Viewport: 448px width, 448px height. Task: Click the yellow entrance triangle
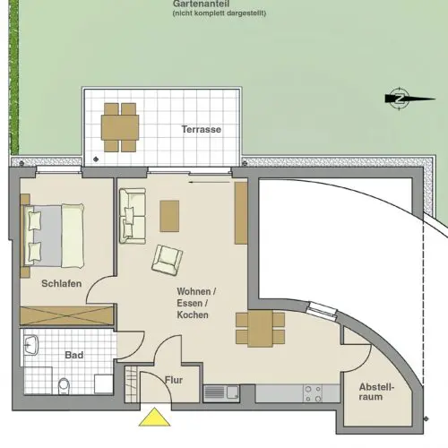pos(154,418)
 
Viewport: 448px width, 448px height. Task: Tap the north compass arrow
pos(409,99)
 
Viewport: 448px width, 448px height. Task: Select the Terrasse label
pos(202,129)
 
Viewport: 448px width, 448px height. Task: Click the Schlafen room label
pos(62,283)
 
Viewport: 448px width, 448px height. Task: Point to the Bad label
pos(74,355)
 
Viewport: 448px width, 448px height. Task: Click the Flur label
pos(174,380)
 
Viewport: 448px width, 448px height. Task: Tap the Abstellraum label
pos(376,392)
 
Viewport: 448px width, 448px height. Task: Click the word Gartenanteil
pos(201,4)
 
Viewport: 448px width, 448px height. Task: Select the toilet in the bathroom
pos(64,386)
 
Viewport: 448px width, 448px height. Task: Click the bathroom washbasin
pos(31,345)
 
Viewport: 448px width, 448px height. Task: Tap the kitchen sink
pos(221,392)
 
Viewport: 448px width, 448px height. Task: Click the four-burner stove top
pos(313,393)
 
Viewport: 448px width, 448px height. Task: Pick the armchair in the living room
pos(168,260)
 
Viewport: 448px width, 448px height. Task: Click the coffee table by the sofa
pos(169,216)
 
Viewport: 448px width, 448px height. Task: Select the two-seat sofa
pos(133,216)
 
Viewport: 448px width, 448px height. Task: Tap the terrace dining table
pos(120,127)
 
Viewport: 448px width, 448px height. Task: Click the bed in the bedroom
pos(53,236)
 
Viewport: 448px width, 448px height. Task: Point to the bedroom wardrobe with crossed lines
pos(67,315)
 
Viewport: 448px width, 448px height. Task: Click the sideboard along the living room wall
pos(241,213)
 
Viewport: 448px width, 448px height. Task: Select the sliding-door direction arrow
pos(209,182)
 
